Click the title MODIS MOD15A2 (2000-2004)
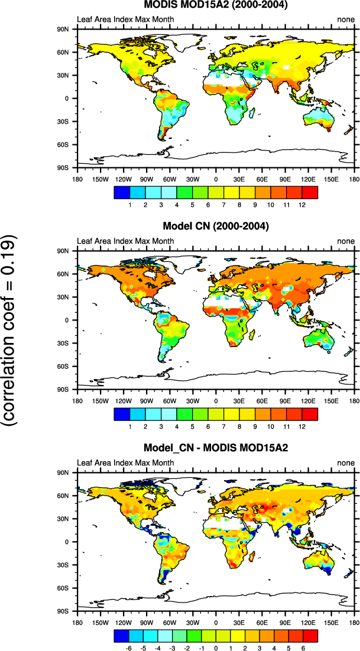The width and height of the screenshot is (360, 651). [x=216, y=5]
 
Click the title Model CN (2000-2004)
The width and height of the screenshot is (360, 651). [x=216, y=226]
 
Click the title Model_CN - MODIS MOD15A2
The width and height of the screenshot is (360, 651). [x=216, y=448]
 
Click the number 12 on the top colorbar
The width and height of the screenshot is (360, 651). [x=301, y=204]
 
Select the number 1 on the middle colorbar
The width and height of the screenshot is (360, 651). [x=129, y=426]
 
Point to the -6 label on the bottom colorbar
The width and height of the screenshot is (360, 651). [x=128, y=647]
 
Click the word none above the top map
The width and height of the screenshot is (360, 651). [x=346, y=20]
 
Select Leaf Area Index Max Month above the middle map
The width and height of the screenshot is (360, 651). [x=126, y=241]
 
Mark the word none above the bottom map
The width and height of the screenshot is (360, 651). [x=346, y=462]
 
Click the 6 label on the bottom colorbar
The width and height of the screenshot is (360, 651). [x=303, y=647]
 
